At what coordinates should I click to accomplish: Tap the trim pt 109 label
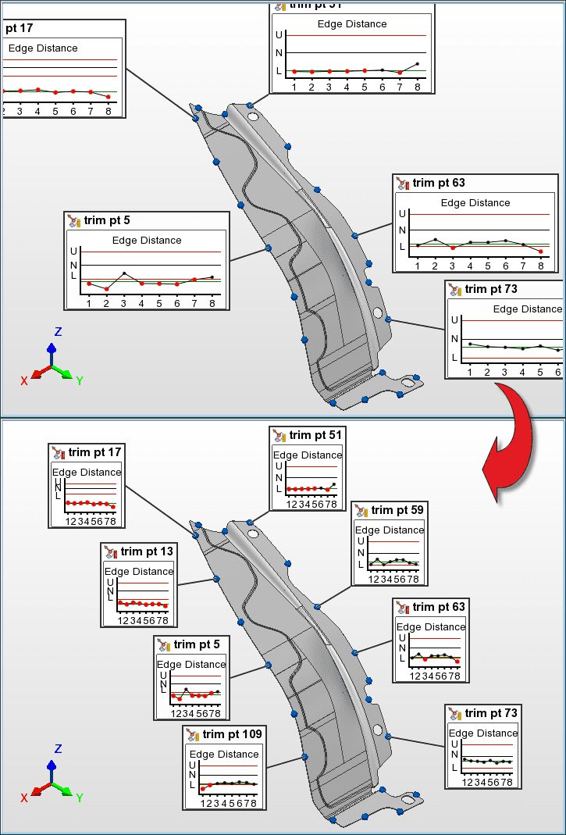tap(233, 734)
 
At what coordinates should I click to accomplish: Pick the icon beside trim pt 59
tap(361, 511)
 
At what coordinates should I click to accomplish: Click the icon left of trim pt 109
tap(193, 735)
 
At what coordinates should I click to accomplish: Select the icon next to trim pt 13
tap(111, 552)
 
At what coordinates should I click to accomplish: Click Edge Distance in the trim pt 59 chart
tap(390, 530)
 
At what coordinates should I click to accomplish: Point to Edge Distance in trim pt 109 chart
tap(224, 754)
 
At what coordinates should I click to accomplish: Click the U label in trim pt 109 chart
tap(193, 765)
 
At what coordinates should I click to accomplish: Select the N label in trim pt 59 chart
tap(360, 552)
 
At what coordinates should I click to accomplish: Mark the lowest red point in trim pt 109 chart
tap(202, 789)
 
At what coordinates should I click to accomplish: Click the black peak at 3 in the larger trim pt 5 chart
tap(124, 273)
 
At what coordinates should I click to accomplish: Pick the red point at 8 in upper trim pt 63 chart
tap(540, 251)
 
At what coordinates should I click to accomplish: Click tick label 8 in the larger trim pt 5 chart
tap(212, 303)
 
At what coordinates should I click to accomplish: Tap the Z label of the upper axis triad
tap(58, 332)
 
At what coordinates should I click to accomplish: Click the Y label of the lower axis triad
tap(80, 798)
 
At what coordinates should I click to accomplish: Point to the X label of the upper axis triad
tap(24, 380)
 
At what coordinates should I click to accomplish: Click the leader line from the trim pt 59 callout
tap(335, 596)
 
